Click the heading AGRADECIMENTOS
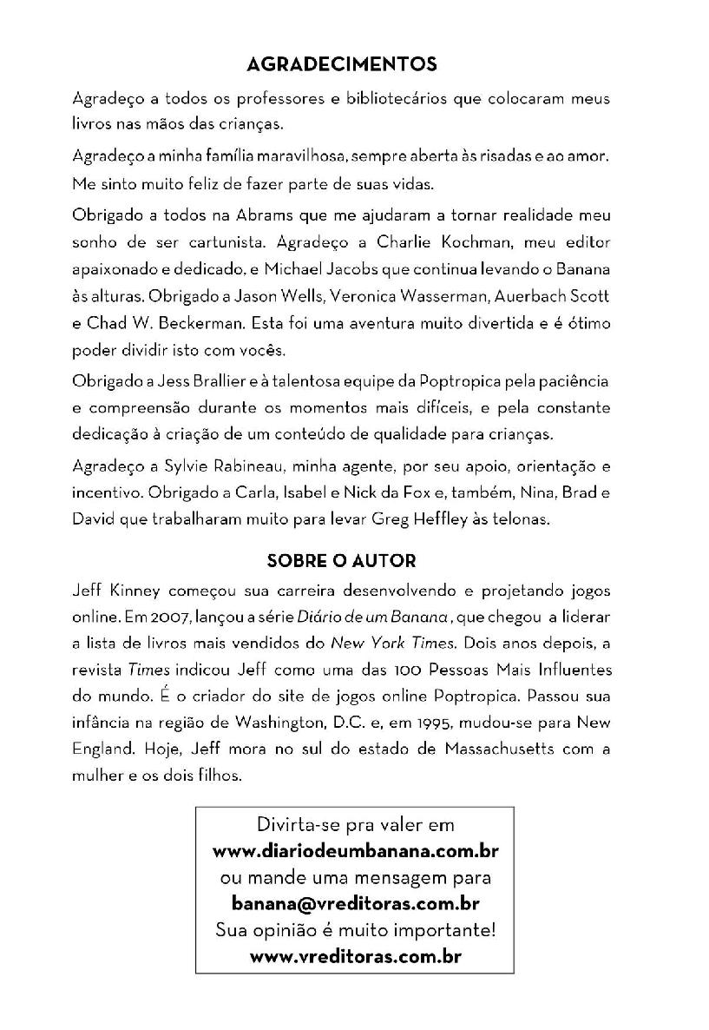coord(342,64)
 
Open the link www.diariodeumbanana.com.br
coord(355,849)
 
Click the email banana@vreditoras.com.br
coord(355,903)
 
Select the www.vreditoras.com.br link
coord(355,957)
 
